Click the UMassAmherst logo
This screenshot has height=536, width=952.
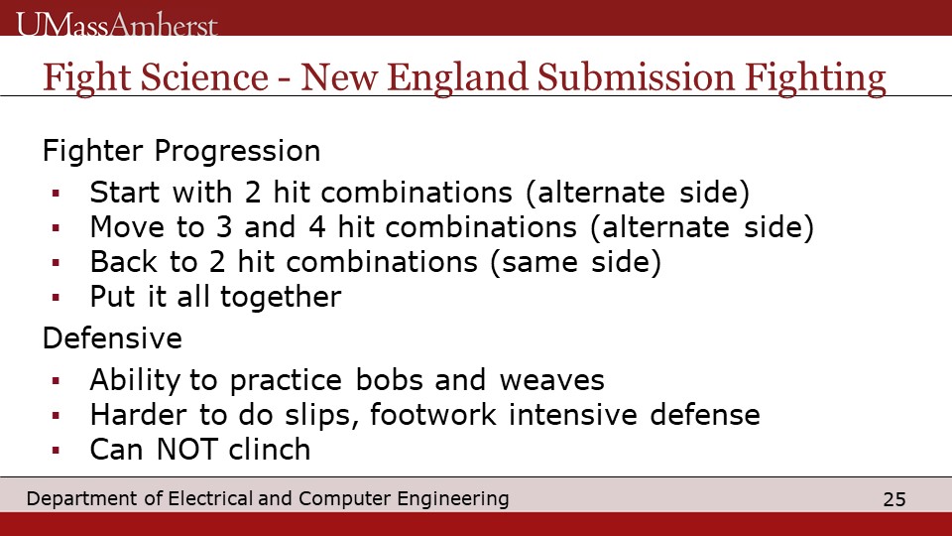click(x=116, y=24)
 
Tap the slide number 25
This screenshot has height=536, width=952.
click(x=894, y=499)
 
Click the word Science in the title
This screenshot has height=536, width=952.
click(x=204, y=77)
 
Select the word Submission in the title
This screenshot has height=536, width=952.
click(x=636, y=77)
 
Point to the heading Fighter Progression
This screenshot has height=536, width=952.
click(x=181, y=151)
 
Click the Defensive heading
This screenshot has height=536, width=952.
click(x=112, y=337)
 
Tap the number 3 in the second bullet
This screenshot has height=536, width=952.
click(x=224, y=227)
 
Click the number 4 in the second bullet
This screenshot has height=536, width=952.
click(x=317, y=227)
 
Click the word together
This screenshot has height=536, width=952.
click(x=281, y=297)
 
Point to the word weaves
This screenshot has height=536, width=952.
click(x=552, y=380)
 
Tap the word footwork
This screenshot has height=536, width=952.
click(x=433, y=415)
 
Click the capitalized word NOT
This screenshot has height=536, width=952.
click(x=187, y=450)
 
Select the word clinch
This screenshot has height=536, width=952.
click(x=270, y=450)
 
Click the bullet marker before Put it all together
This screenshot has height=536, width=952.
click(x=56, y=298)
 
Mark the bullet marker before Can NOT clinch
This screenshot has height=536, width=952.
click(x=56, y=451)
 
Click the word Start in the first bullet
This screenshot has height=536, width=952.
click(x=125, y=193)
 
